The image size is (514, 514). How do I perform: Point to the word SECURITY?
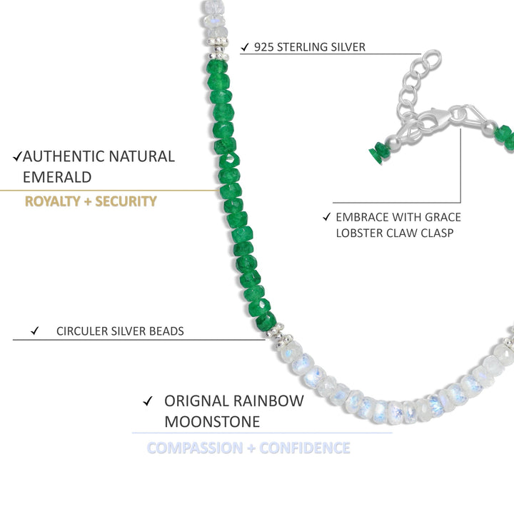click(x=126, y=201)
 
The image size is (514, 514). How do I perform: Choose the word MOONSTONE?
click(x=212, y=422)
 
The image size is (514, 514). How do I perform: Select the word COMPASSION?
click(x=194, y=448)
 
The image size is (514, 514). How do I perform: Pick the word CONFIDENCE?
click(x=305, y=448)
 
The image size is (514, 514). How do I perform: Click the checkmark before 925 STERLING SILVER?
click(x=245, y=47)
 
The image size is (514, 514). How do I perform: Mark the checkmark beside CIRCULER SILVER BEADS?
click(x=34, y=331)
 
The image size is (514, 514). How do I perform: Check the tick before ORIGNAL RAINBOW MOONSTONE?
click(x=148, y=401)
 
